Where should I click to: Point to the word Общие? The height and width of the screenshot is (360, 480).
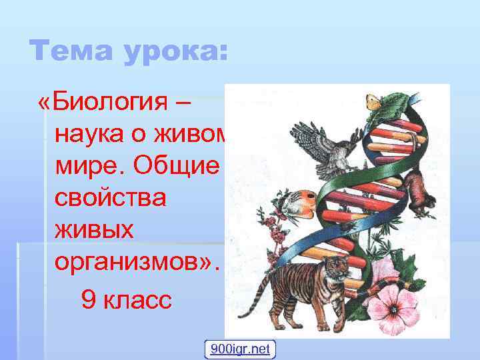coord(179,167)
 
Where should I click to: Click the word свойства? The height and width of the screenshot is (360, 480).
coord(111,199)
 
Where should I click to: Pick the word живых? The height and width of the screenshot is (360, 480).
coord(95,231)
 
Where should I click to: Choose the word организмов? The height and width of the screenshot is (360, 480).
coord(137,263)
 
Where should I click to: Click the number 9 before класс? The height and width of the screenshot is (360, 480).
coord(87,299)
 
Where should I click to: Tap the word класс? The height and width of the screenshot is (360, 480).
coord(137,299)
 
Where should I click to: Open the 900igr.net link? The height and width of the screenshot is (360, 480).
coord(240,349)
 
